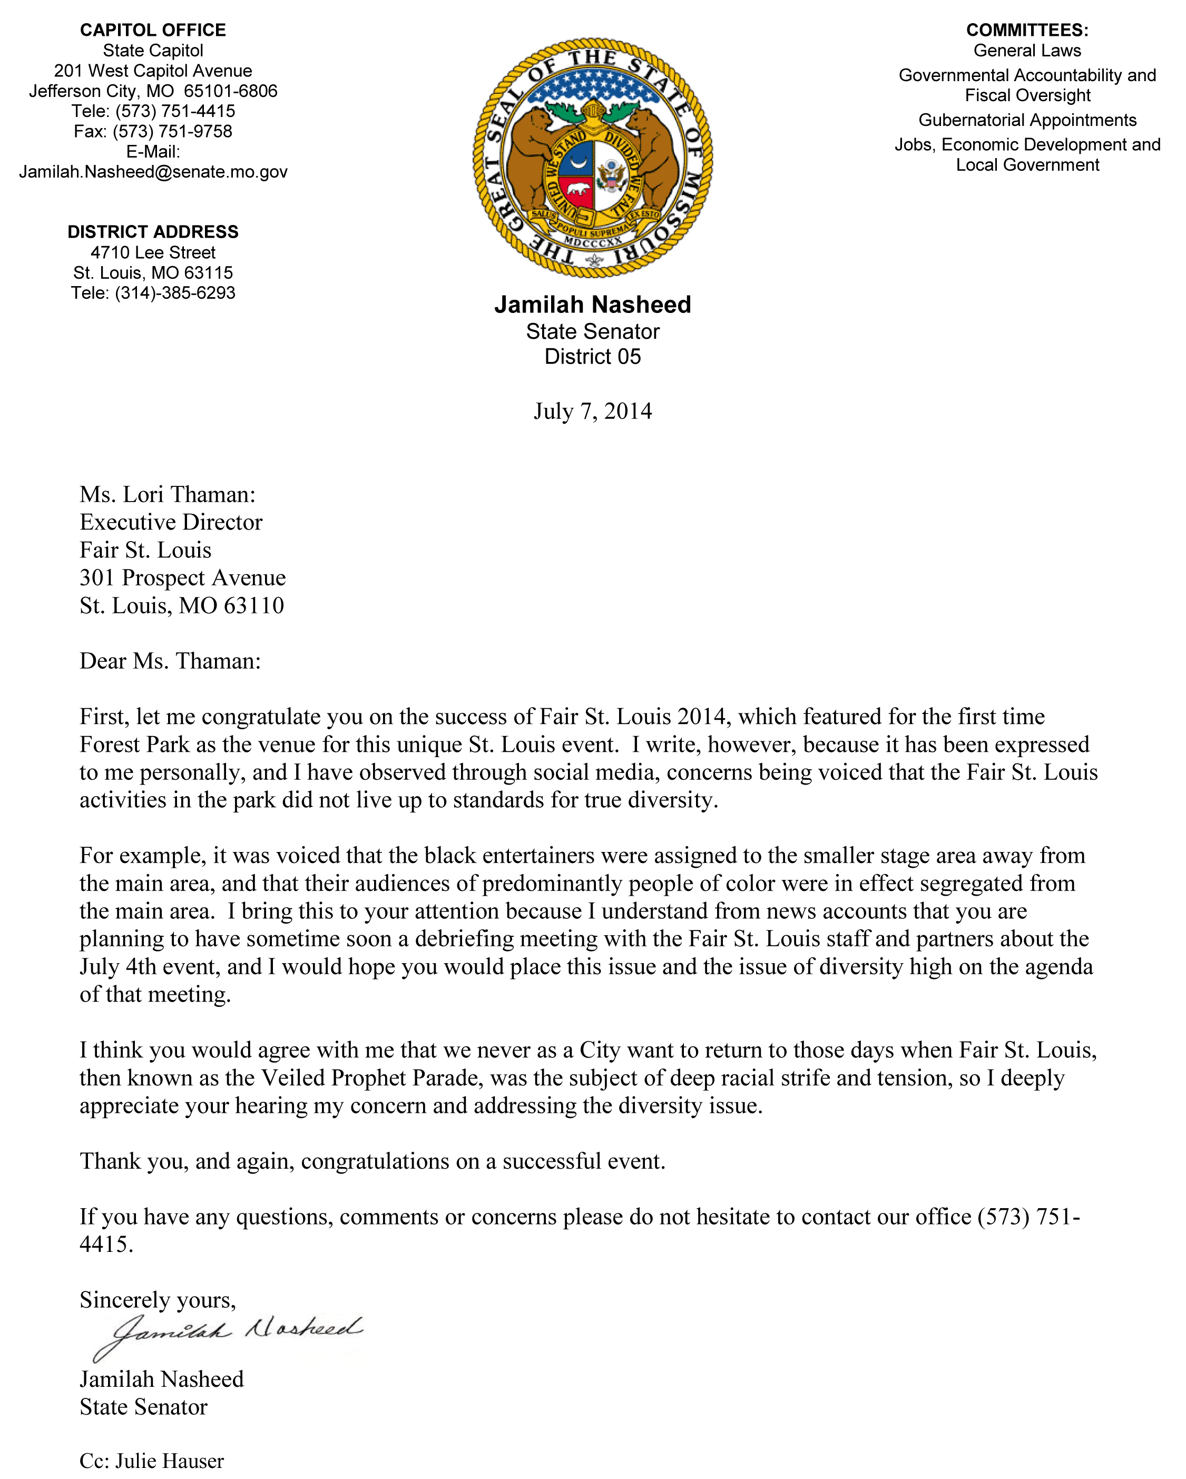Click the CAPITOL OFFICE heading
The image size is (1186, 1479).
[153, 30]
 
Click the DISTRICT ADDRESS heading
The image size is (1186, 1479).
[153, 232]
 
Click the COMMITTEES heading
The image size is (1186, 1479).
[1027, 30]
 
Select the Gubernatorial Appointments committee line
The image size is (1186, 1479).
[1027, 120]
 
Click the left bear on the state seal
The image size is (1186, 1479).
[528, 158]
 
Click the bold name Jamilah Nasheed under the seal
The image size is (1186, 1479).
[593, 305]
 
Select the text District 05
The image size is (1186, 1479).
[593, 357]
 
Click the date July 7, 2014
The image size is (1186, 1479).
[593, 411]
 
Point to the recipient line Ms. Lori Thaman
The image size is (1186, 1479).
[168, 495]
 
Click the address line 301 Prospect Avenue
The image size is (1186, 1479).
[182, 577]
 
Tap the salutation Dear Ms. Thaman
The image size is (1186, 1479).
[170, 661]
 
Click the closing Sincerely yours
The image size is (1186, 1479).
[158, 1299]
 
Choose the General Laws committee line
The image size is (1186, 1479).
[1027, 51]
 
